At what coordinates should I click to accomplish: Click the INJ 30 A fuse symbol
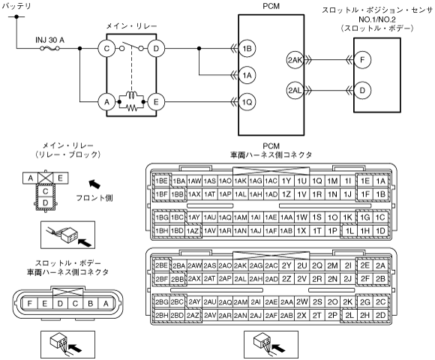coord(50,49)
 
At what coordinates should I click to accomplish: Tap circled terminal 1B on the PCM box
coord(247,49)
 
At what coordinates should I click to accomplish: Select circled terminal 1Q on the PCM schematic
coord(247,102)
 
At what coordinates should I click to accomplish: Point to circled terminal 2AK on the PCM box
coord(295,60)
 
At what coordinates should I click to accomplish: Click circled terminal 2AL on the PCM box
coord(295,90)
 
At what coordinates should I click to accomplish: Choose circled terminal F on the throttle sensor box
coord(362,60)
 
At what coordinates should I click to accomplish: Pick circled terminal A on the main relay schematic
coord(106,102)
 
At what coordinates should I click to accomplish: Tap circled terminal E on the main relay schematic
coord(156,102)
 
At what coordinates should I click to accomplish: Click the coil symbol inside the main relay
coord(131,94)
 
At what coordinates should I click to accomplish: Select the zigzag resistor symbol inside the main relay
coord(132,107)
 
